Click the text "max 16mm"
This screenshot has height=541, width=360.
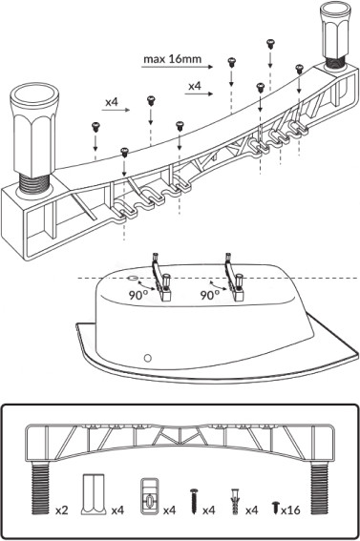[172, 59]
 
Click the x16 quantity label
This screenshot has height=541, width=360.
[290, 510]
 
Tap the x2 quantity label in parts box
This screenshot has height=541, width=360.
[62, 510]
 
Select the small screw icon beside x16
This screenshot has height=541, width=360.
[275, 508]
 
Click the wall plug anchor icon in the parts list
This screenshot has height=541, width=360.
[236, 501]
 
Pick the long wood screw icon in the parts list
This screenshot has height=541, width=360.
[194, 501]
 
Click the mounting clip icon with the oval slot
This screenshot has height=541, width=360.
[150, 496]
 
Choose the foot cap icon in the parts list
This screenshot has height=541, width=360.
[93, 495]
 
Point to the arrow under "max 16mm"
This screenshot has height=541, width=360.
[178, 67]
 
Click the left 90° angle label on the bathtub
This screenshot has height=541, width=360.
[138, 295]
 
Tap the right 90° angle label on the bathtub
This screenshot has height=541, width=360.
[210, 295]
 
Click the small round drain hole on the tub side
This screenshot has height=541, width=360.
[148, 358]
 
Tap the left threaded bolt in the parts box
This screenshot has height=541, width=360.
[41, 488]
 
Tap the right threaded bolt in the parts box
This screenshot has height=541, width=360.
[319, 488]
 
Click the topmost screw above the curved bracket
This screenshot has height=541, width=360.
[270, 44]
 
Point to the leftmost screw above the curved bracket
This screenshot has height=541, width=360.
[95, 127]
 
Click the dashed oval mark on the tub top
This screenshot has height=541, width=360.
[133, 278]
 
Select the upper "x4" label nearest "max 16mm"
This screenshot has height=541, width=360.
[195, 86]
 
